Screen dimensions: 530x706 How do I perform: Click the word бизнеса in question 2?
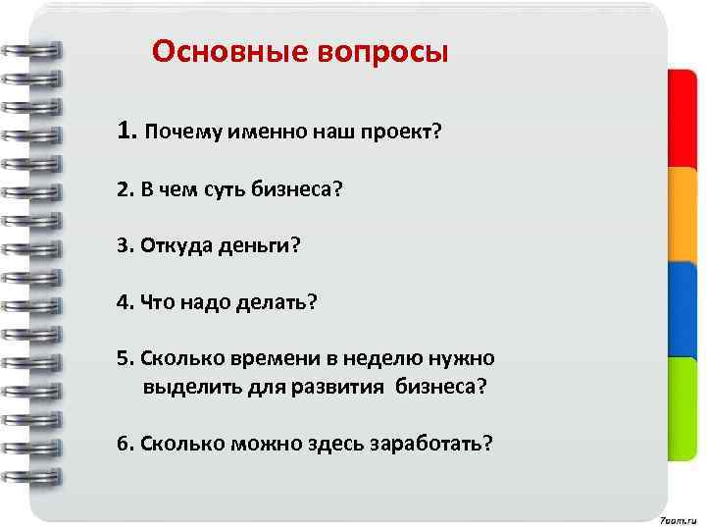point(295,187)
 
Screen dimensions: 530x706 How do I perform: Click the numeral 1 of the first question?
point(123,132)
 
